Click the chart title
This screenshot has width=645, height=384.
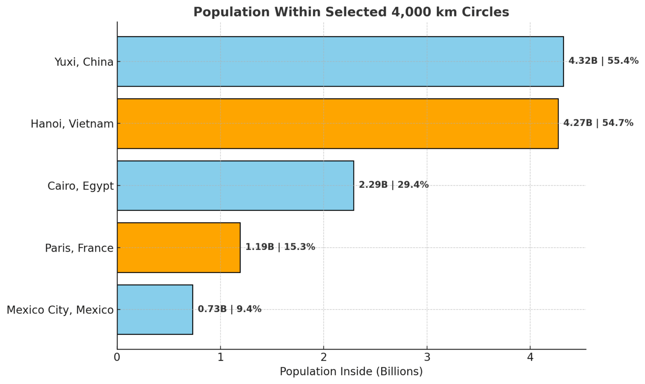351,12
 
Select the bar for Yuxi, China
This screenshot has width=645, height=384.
340,61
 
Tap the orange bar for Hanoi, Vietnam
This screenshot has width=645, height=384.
338,124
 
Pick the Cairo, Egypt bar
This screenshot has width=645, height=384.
235,185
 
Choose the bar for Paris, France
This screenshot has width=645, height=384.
178,247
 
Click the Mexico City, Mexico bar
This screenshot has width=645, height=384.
155,310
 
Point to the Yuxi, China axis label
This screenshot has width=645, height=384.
84,62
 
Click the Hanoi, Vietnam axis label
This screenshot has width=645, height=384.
72,124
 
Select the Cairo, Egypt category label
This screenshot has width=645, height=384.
81,186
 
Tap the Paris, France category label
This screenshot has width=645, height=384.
79,248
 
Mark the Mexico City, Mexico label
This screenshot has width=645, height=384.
60,310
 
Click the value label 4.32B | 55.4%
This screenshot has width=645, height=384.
603,61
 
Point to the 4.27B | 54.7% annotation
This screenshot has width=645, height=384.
598,123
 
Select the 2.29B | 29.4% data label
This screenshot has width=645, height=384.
393,185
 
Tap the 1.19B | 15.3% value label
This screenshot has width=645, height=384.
280,247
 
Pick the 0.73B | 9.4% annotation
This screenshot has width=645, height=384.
229,309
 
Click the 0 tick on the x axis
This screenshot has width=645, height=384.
117,358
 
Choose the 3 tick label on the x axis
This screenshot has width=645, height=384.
427,358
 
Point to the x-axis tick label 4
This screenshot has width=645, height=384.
530,358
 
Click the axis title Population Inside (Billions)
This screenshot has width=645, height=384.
351,372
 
